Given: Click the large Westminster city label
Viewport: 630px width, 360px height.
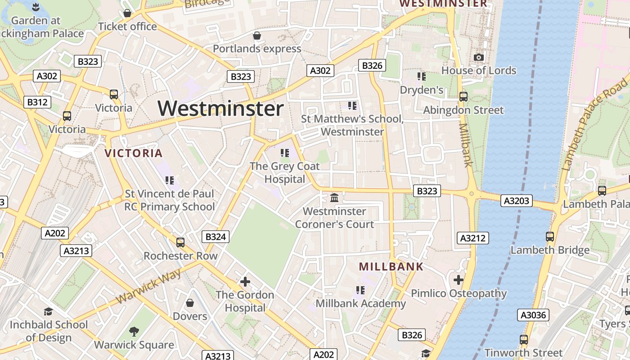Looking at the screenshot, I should point(220,109).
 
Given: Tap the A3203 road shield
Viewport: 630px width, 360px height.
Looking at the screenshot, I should point(516,201).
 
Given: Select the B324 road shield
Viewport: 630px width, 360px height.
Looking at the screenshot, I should point(216,237).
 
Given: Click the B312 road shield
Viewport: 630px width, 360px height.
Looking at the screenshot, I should point(37,102).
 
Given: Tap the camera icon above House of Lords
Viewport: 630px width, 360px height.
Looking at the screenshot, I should point(478,57).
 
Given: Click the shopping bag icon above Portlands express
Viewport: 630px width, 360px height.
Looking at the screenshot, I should point(257,36).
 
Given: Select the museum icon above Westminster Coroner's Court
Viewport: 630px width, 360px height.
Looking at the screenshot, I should point(334,198).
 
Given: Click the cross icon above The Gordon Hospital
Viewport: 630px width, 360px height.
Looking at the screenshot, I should point(245,282).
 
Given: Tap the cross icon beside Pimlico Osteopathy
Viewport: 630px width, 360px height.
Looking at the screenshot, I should point(458,280).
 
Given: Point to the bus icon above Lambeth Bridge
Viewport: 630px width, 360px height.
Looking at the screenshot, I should point(549,236).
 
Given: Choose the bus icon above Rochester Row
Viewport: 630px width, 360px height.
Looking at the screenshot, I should point(180,242).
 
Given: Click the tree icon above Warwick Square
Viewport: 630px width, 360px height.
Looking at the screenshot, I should point(134,332).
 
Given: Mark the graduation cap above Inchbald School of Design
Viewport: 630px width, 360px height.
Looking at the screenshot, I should point(48,311).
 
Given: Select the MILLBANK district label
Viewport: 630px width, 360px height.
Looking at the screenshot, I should point(391,266).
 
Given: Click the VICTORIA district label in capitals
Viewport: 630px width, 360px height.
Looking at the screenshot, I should point(133,153).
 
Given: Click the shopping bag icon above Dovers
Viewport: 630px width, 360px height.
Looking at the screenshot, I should point(190,303).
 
